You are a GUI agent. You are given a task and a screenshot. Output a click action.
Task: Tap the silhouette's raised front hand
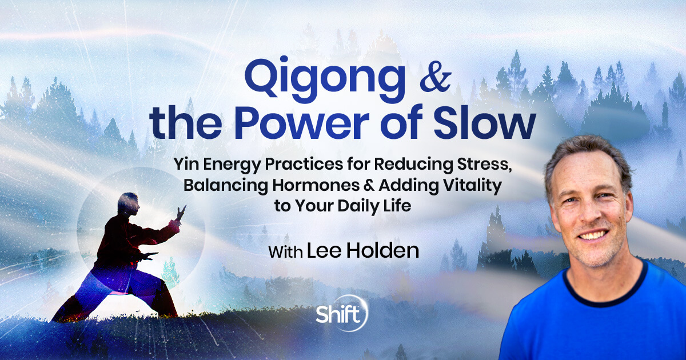click(x=181, y=213)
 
